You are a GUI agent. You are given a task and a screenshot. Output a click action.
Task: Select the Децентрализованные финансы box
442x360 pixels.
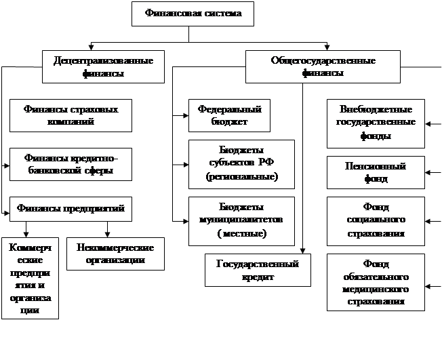[x=102, y=66]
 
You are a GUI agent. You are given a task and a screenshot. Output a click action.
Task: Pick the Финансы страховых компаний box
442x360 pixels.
[x=71, y=115]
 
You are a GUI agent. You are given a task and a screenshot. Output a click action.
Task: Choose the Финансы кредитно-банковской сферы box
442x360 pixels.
[x=71, y=164]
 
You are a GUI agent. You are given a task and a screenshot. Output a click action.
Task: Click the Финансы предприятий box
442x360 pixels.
[x=71, y=209]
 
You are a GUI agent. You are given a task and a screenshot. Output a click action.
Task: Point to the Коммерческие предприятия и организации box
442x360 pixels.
[x=30, y=278]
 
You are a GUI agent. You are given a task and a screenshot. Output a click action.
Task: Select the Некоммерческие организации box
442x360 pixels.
[x=115, y=253]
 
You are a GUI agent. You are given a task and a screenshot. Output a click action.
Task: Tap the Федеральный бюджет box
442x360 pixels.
[x=229, y=115]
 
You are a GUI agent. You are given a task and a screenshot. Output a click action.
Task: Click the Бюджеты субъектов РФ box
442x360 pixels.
[x=241, y=164]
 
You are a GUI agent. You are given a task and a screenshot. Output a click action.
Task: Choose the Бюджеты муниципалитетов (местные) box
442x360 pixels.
[x=241, y=221]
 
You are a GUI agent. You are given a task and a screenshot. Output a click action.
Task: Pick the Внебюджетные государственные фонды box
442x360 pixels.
[x=376, y=123]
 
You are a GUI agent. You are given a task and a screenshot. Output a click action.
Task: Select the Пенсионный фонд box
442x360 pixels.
[x=376, y=172]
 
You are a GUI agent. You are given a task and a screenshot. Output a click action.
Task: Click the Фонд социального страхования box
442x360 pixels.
[x=376, y=220]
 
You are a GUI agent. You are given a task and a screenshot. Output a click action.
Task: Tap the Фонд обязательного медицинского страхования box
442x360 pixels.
[x=376, y=282]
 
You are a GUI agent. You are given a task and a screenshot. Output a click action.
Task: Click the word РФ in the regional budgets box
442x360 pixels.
[x=266, y=163]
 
